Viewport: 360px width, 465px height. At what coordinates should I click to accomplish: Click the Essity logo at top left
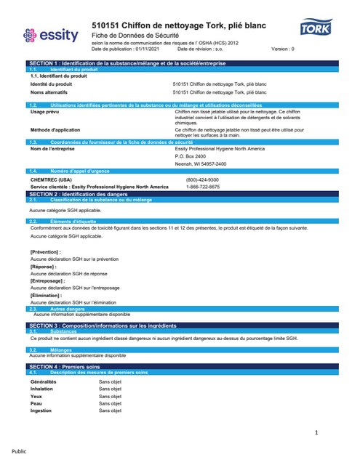49,34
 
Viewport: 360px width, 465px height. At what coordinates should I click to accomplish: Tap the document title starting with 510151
178,26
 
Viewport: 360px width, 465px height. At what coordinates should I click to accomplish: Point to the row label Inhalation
41,389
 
